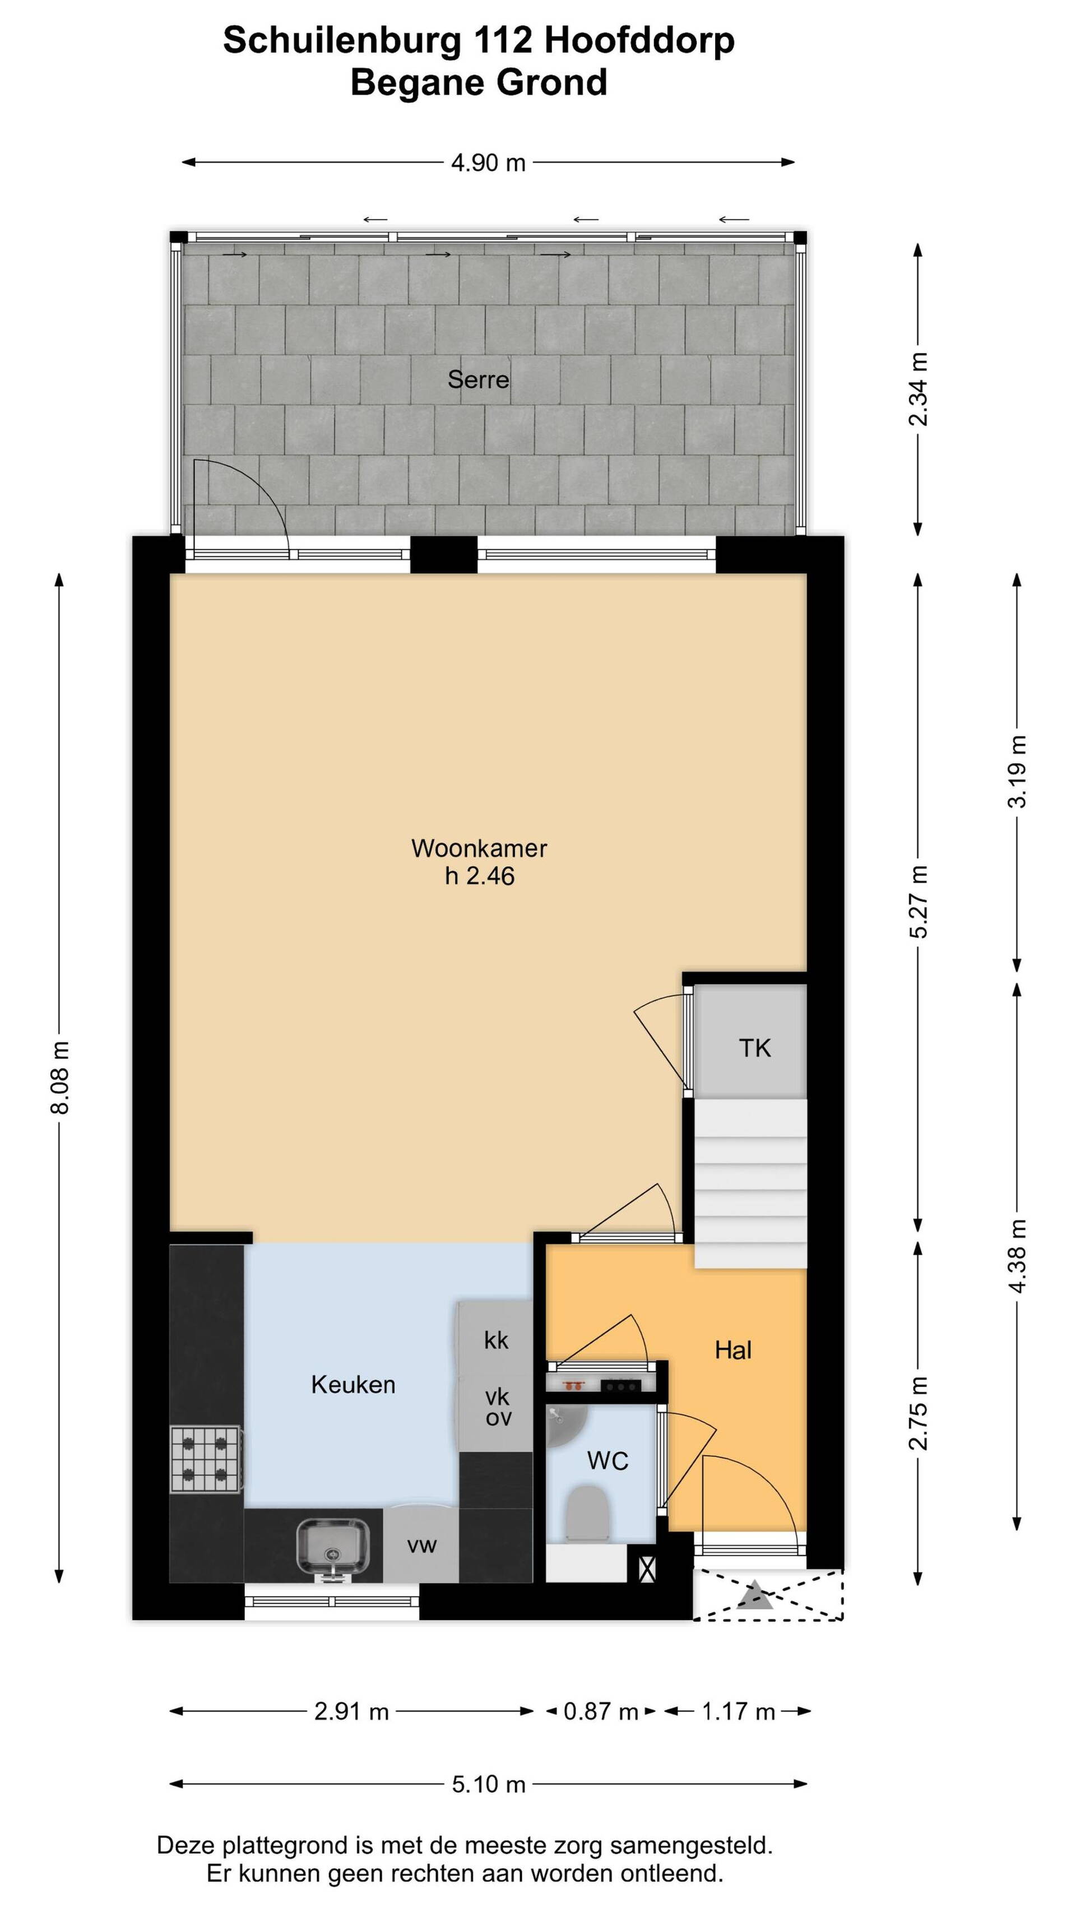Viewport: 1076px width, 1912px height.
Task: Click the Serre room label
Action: pos(478,379)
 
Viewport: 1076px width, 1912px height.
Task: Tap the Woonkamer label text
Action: pos(479,848)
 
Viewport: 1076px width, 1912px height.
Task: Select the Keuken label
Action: pos(353,1384)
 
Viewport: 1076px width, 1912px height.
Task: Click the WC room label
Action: pos(607,1461)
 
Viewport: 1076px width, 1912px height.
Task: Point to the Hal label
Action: pos(733,1350)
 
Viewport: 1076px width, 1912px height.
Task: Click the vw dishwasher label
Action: pos(421,1546)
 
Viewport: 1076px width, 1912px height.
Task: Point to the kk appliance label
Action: pos(497,1340)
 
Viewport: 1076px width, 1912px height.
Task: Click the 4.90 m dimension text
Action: pos(488,163)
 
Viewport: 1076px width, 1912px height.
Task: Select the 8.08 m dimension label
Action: pos(60,1077)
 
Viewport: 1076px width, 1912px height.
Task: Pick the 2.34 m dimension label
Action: pos(919,389)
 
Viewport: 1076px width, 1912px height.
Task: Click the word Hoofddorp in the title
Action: pos(639,40)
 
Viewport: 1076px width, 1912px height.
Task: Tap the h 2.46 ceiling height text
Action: pos(479,876)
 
